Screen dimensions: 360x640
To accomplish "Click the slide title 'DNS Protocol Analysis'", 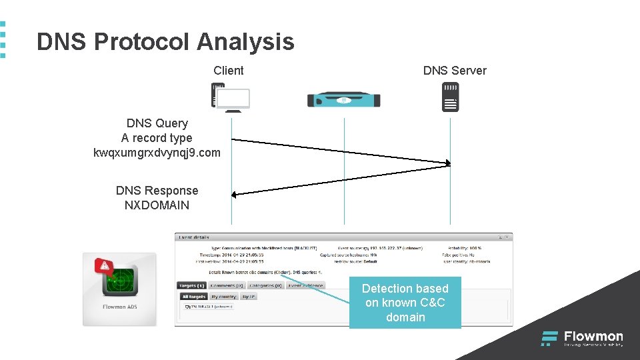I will [165, 42].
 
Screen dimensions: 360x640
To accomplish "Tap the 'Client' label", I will [229, 71].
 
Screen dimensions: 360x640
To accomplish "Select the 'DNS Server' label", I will [455, 71].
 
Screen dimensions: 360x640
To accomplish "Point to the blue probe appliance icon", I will [343, 99].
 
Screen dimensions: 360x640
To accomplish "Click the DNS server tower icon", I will [451, 97].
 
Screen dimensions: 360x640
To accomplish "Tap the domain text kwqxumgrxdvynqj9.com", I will [157, 153].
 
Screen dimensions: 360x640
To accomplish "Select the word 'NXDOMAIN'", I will [157, 205].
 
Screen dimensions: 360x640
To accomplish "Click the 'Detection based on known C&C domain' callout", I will [405, 303].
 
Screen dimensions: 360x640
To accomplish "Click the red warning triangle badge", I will [103, 266].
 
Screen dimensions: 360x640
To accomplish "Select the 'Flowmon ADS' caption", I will [120, 307].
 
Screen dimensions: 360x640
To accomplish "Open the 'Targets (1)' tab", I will [191, 285].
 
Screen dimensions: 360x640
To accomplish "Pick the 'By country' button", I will [224, 296].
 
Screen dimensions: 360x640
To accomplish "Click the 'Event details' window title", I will [193, 237].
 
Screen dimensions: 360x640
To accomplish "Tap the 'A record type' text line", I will [157, 138].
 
